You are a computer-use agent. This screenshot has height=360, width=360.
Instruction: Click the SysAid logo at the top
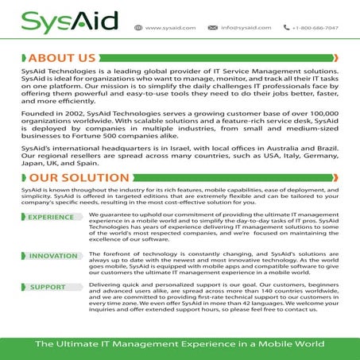(60, 21)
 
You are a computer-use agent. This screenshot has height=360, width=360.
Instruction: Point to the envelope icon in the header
(212, 27)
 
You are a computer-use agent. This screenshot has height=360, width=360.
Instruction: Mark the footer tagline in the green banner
(180, 343)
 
